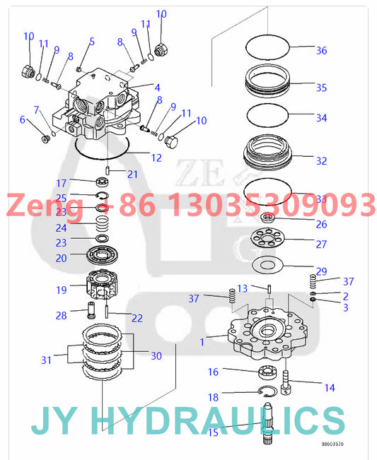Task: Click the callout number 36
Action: pos(321,50)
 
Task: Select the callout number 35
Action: pos(321,88)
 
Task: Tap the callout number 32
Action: pos(321,161)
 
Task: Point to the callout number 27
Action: pos(321,244)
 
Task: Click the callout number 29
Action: pos(321,271)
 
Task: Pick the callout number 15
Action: pos(211,432)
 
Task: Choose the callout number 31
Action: pos(46,360)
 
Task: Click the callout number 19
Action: pos(62,289)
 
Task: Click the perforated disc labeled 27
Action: pos(272,242)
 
